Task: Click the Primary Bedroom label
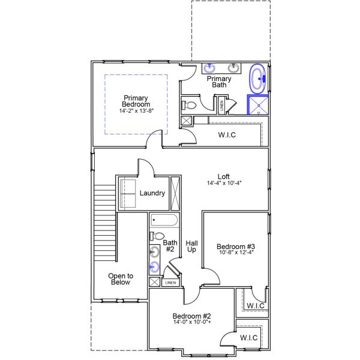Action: pos(136,101)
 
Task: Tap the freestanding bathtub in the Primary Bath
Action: pos(258,79)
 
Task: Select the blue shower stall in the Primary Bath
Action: pos(258,104)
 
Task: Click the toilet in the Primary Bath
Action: pos(189,106)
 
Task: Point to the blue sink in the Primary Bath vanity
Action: pos(209,68)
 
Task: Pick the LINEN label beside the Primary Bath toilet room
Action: pos(221,106)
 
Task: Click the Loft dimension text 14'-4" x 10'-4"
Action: pos(224,183)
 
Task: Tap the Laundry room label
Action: pos(152,193)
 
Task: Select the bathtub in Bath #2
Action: pos(164,220)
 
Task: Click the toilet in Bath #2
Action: pos(157,236)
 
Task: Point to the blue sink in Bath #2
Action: pos(155,267)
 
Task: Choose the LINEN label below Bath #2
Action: pos(170,283)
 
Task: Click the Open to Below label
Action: pos(121,279)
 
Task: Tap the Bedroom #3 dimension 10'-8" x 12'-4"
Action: pos(236,253)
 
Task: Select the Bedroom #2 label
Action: pos(192,316)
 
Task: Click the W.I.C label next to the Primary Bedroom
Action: pos(227,135)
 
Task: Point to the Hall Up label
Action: pos(192,246)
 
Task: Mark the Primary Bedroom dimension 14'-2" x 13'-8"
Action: pos(136,111)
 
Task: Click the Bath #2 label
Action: pos(170,246)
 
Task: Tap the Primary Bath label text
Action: pos(219,82)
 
